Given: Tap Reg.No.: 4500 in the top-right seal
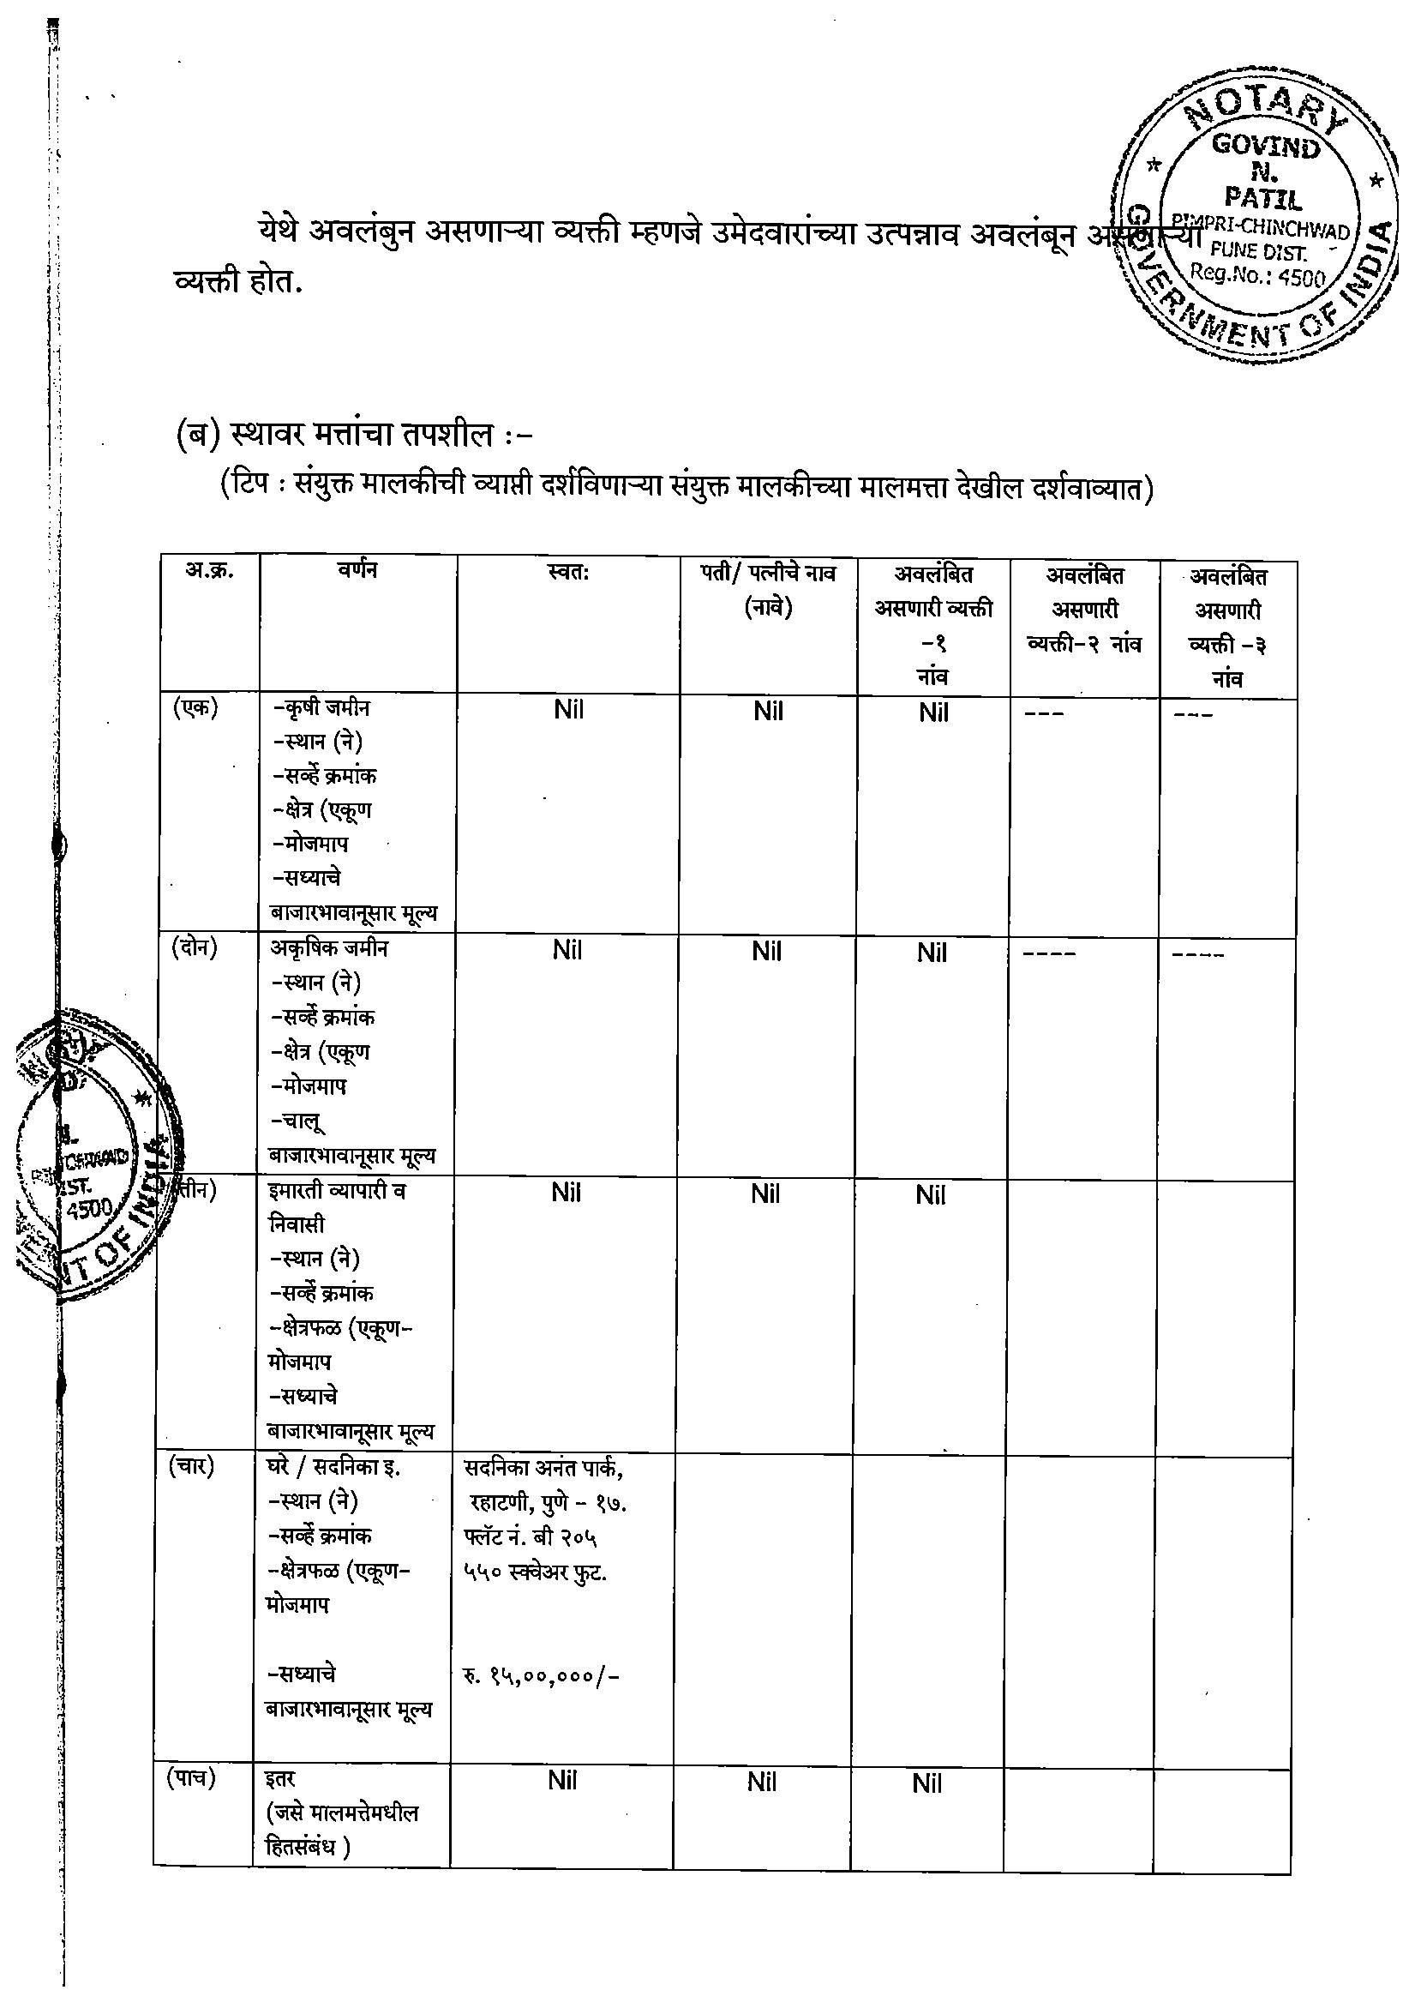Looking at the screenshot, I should [x=1258, y=275].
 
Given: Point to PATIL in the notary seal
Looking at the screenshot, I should [x=1263, y=199].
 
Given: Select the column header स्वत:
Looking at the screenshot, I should [x=568, y=573].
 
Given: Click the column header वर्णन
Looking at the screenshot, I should [x=357, y=571].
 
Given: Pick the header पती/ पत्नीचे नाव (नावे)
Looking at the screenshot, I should [x=768, y=590].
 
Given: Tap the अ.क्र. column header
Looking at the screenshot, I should [x=209, y=571].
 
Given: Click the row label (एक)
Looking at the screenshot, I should [x=195, y=708].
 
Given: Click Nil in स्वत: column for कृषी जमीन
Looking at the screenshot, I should [x=568, y=710].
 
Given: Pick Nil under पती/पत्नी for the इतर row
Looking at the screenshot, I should [x=761, y=1783].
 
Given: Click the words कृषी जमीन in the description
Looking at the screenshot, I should [x=326, y=708].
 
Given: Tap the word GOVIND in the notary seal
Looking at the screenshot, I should [x=1266, y=147].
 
